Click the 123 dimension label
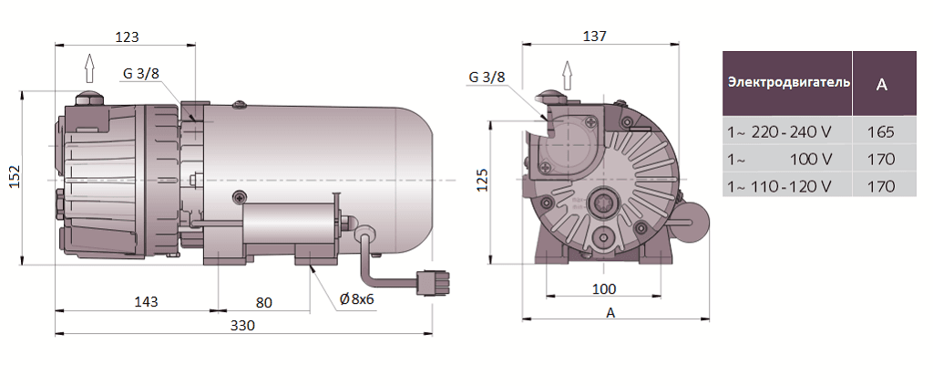pos(128,37)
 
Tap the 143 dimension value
pos(146,301)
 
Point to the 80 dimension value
pos(263,302)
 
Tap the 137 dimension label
pos(594,37)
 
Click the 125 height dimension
pos(484,181)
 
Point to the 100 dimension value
pos(603,289)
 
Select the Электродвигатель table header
pos(788,82)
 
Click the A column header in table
pos(881,84)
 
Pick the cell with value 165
pos(881,131)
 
